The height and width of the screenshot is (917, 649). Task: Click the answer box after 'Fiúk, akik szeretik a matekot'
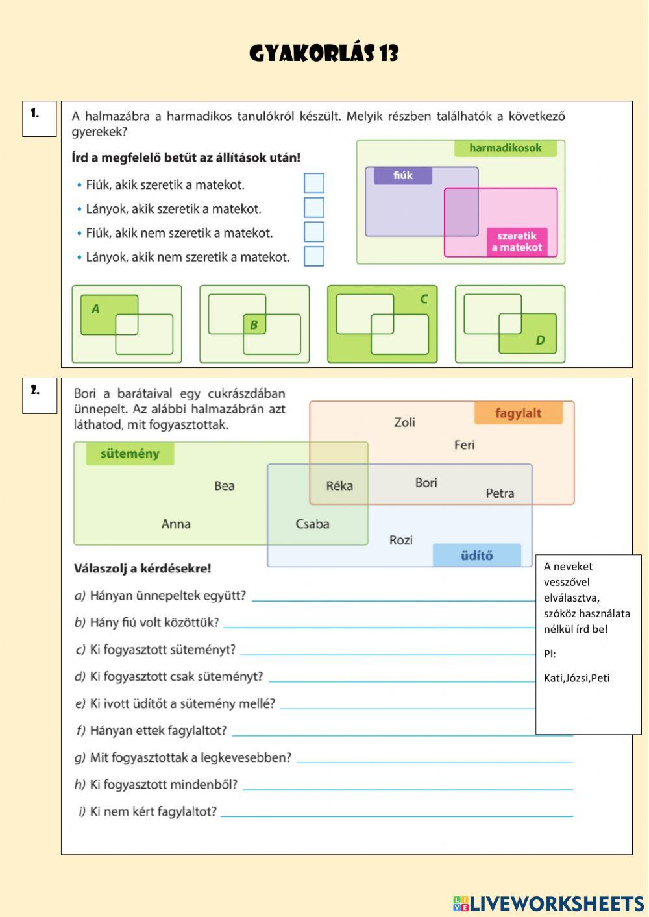click(x=314, y=183)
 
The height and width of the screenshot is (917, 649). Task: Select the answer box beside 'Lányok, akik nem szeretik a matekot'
click(x=314, y=256)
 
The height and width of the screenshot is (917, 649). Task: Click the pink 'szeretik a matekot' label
click(x=517, y=241)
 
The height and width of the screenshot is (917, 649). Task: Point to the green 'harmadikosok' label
click(x=505, y=148)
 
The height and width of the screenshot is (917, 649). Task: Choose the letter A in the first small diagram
click(x=96, y=309)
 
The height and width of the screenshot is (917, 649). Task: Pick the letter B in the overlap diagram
click(x=254, y=324)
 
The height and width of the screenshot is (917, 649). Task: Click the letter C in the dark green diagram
click(x=424, y=299)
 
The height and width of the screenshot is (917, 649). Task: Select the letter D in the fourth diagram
click(x=540, y=340)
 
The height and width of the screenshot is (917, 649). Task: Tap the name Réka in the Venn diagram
click(x=339, y=485)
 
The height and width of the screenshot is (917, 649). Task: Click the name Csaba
click(x=312, y=524)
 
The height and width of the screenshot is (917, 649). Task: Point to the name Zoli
click(x=404, y=422)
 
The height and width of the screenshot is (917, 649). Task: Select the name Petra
click(x=500, y=493)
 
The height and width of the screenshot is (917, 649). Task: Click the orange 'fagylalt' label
click(x=518, y=413)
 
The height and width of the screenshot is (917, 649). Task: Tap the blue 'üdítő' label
click(x=476, y=556)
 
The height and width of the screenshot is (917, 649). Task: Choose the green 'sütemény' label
click(x=130, y=454)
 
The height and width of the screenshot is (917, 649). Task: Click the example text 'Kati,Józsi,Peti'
click(x=576, y=678)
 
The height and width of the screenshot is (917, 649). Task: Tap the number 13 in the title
click(x=389, y=54)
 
